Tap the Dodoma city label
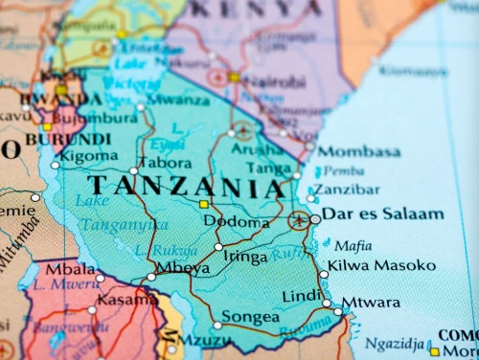(236, 222)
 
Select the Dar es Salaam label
(382, 214)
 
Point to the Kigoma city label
(89, 156)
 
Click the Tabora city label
(166, 163)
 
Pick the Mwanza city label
(178, 99)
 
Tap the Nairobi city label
(279, 83)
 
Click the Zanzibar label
(347, 190)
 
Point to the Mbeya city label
(182, 269)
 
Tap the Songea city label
(251, 317)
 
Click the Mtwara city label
(371, 303)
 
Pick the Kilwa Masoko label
(381, 265)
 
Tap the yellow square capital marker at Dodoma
(203, 204)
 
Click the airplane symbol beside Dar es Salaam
(300, 220)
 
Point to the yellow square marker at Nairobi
(235, 77)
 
